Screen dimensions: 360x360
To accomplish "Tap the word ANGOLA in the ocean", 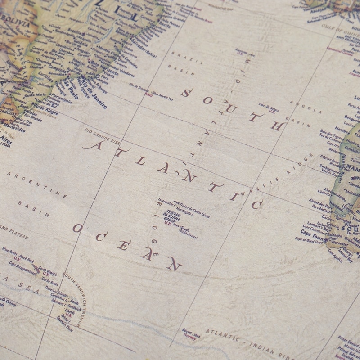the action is point(306,107).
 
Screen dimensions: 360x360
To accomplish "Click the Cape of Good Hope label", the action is point(306,240).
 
